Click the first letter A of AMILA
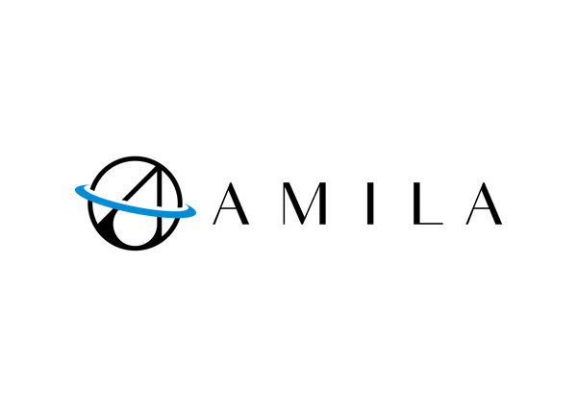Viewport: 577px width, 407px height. coord(231,203)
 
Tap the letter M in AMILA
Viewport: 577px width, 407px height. coord(304,203)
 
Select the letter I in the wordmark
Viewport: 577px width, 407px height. coord(370,203)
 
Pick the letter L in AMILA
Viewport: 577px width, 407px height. coord(428,203)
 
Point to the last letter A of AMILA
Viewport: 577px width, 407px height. coord(484,203)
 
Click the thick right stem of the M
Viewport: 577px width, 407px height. coord(323,203)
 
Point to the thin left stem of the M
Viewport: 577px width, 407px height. coord(284,203)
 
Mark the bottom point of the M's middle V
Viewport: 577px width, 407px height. coord(303,224)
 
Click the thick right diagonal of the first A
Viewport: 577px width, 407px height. coord(238,203)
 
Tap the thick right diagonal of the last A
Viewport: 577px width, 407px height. coord(491,203)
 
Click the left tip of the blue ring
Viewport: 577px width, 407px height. coord(76,190)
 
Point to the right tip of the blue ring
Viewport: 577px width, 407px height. coord(195,212)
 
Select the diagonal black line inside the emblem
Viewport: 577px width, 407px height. coord(138,184)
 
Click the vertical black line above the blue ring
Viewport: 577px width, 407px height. coord(160,187)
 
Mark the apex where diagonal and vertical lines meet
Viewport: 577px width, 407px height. coord(158,169)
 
